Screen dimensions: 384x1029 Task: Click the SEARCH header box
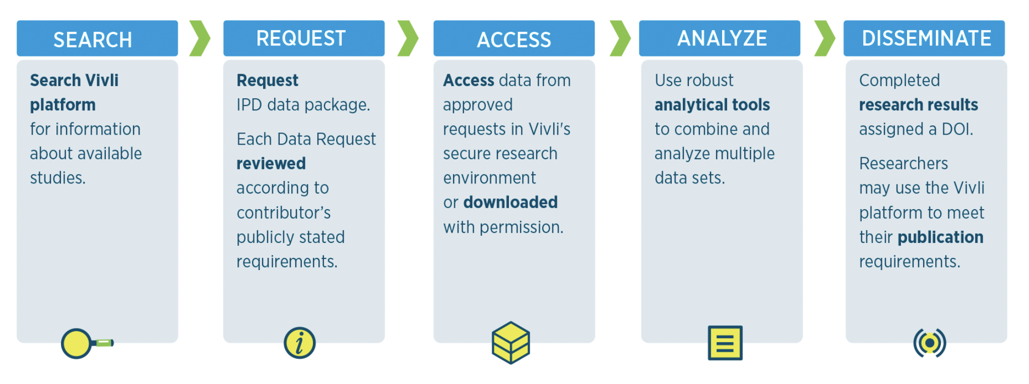pos(97,38)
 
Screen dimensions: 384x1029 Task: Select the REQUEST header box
pos(303,38)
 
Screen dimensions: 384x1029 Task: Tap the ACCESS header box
pos(513,38)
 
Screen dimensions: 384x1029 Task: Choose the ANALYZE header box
pos(719,38)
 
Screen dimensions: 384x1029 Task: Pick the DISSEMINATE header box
pos(924,38)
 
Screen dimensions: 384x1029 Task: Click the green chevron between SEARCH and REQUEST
pos(200,38)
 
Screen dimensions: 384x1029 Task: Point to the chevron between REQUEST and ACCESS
pos(408,38)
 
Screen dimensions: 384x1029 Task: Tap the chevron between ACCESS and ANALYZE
pos(620,38)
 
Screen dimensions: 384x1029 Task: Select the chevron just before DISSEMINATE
pos(824,38)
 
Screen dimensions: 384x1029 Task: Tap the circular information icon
pos(299,343)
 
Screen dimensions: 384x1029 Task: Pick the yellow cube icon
pos(510,343)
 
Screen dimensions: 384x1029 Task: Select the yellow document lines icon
pos(725,343)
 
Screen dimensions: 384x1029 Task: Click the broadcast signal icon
pos(929,343)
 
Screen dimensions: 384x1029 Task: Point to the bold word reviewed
pos(271,163)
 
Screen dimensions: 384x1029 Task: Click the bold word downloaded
pos(510,202)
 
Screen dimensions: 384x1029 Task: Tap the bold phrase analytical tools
pos(712,105)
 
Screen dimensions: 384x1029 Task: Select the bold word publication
pos(940,237)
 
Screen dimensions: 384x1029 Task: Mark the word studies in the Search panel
pos(57,178)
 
